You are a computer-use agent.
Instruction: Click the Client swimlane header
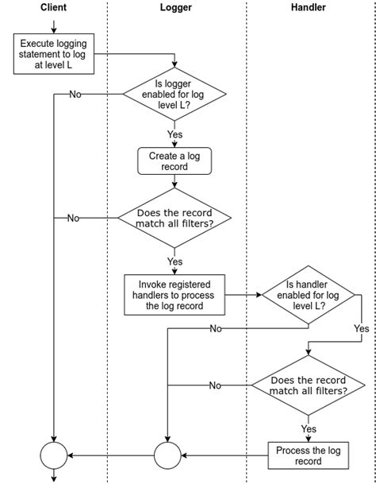tap(53, 7)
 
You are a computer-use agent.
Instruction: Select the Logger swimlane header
tap(176, 7)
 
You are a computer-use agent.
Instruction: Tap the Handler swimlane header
tap(309, 7)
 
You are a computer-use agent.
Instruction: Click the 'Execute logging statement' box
tap(54, 54)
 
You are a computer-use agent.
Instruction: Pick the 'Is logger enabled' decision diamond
tap(175, 94)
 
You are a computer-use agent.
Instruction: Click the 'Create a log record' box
tap(175, 161)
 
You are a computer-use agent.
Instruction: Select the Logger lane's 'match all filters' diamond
tap(175, 218)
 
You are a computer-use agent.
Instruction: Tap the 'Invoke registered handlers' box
tap(175, 295)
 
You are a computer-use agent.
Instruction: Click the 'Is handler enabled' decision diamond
tap(309, 295)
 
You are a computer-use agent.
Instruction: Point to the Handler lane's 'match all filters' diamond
tap(309, 385)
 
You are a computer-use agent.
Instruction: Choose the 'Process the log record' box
tap(309, 455)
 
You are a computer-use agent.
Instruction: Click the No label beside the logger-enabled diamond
tap(75, 94)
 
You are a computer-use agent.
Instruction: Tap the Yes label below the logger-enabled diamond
tap(175, 134)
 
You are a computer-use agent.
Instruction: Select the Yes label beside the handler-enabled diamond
tap(362, 328)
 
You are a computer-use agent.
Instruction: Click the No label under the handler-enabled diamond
tap(216, 328)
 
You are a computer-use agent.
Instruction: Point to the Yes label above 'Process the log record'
tap(309, 429)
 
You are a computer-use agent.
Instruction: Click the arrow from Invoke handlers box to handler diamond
tap(244, 295)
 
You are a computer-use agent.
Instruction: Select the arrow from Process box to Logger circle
tap(224, 455)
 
